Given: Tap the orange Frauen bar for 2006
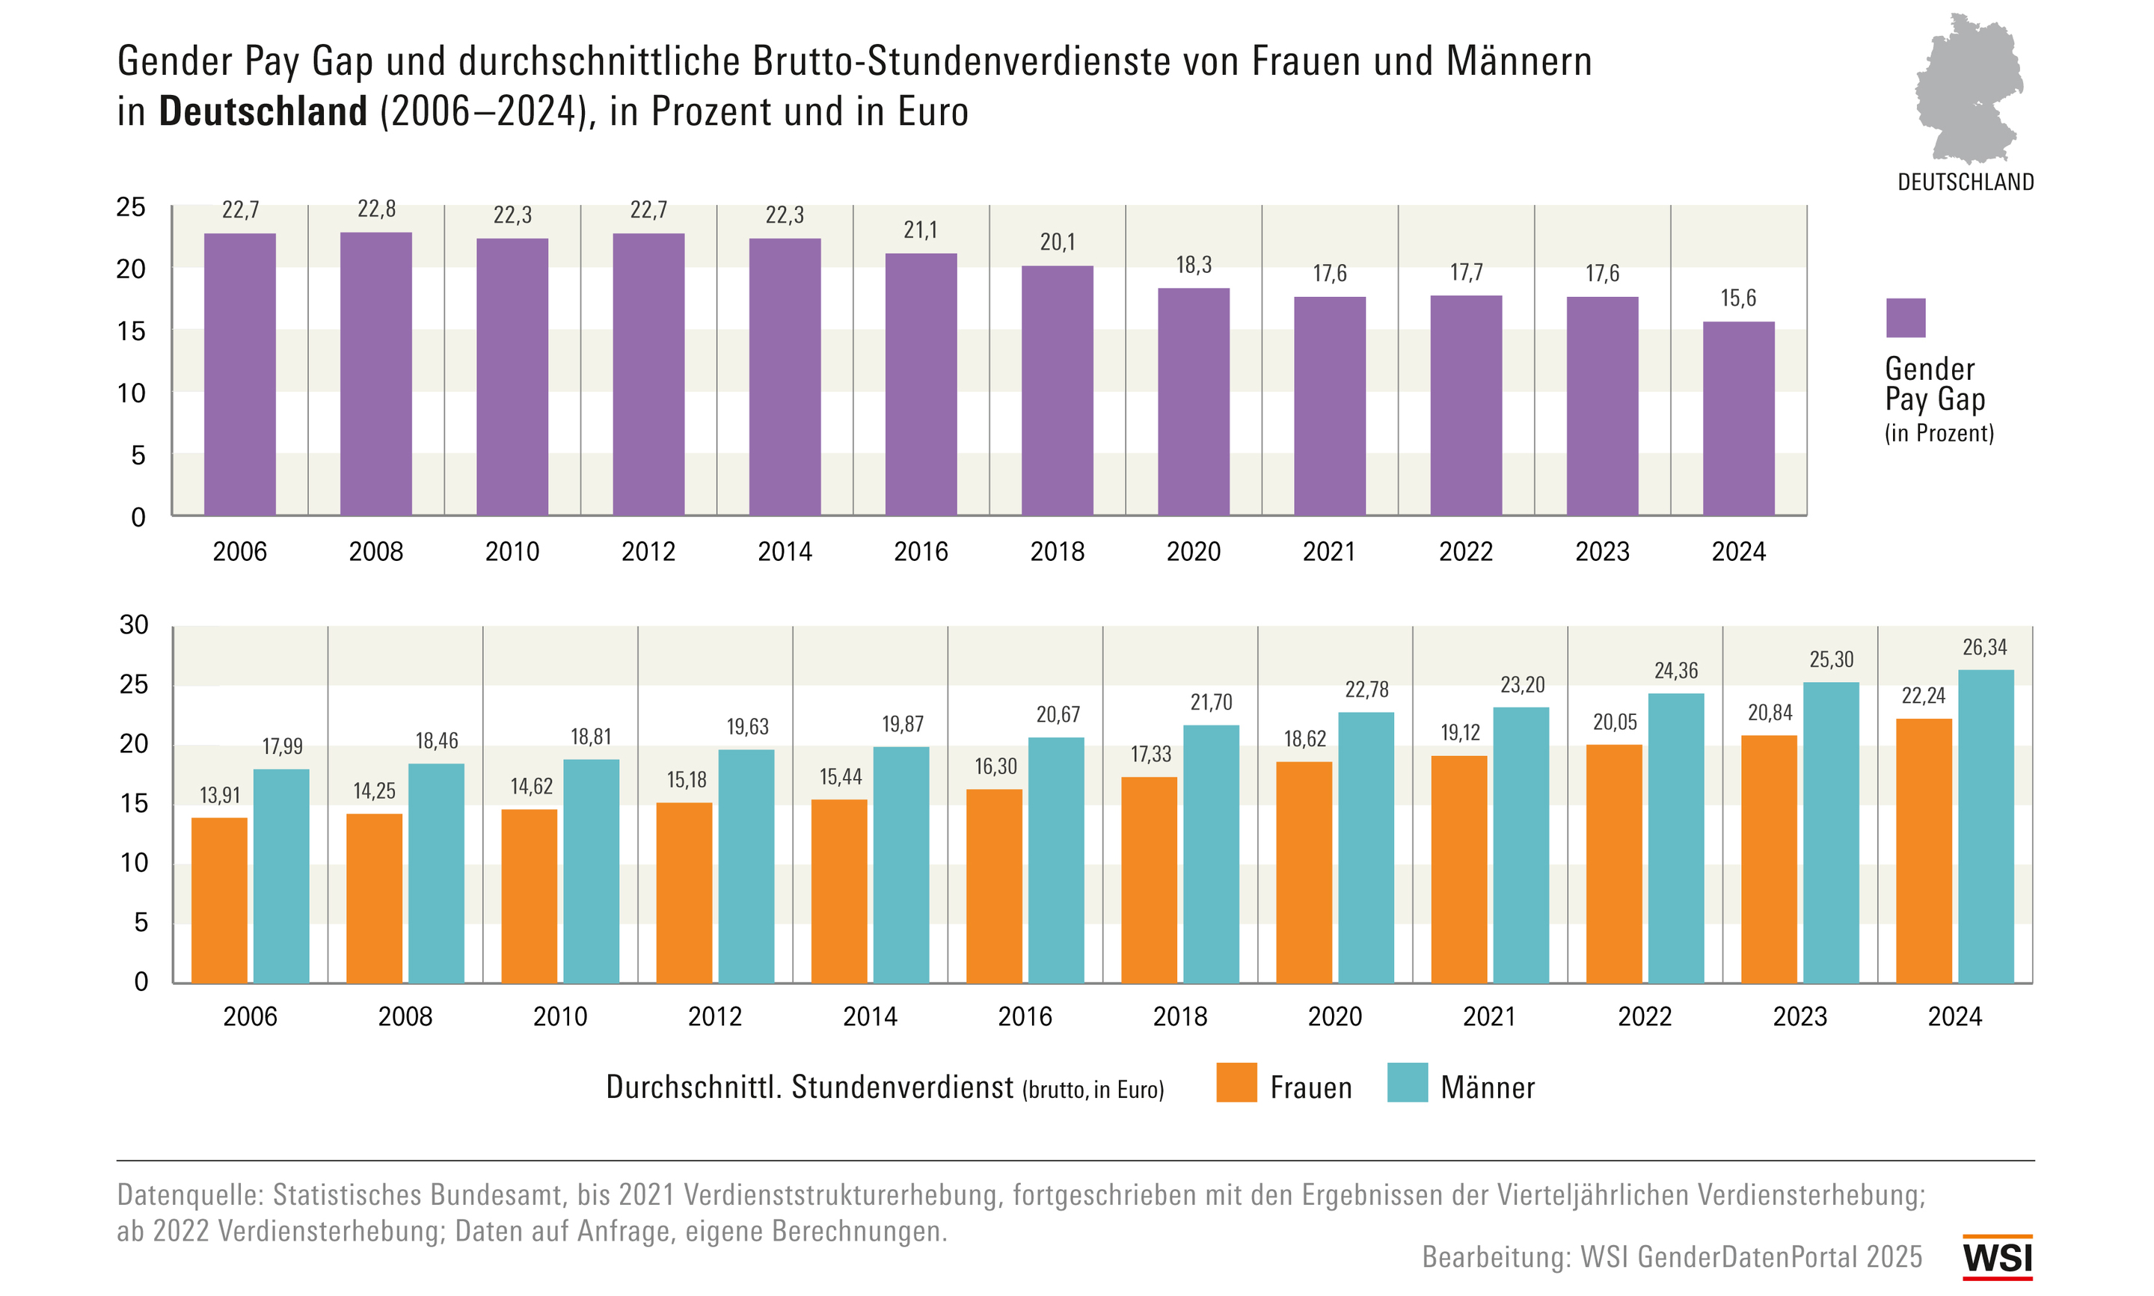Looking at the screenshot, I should [219, 900].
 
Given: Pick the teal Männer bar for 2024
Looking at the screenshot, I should [1986, 826].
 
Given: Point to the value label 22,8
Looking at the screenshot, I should [376, 209].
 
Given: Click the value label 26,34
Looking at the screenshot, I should [1985, 647].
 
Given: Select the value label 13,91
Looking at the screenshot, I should [219, 795].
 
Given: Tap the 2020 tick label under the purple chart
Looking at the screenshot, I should [1193, 552].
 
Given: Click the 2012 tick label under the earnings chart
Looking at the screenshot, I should [714, 1016].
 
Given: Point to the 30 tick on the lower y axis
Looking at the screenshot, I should [134, 624].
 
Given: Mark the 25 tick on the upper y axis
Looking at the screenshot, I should [131, 207].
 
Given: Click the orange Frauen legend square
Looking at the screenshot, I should [1236, 1082].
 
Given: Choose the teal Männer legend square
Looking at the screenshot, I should [1407, 1082].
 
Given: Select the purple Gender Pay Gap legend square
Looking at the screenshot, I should [1905, 318].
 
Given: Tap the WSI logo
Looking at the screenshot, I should [1997, 1258].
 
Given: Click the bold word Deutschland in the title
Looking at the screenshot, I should [263, 111].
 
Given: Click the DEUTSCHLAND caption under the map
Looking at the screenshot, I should [1966, 182].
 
